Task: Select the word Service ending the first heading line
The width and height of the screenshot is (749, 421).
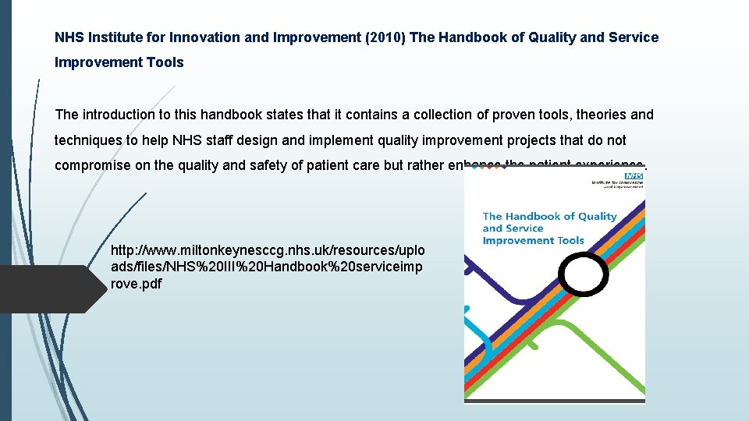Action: pos(634,37)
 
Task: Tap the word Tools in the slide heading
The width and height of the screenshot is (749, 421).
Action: pos(163,62)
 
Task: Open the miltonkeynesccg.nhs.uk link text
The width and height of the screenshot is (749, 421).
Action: pos(268,267)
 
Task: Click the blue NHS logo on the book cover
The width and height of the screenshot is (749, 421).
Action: pos(634,177)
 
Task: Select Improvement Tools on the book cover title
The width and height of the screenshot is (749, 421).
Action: pos(533,240)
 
